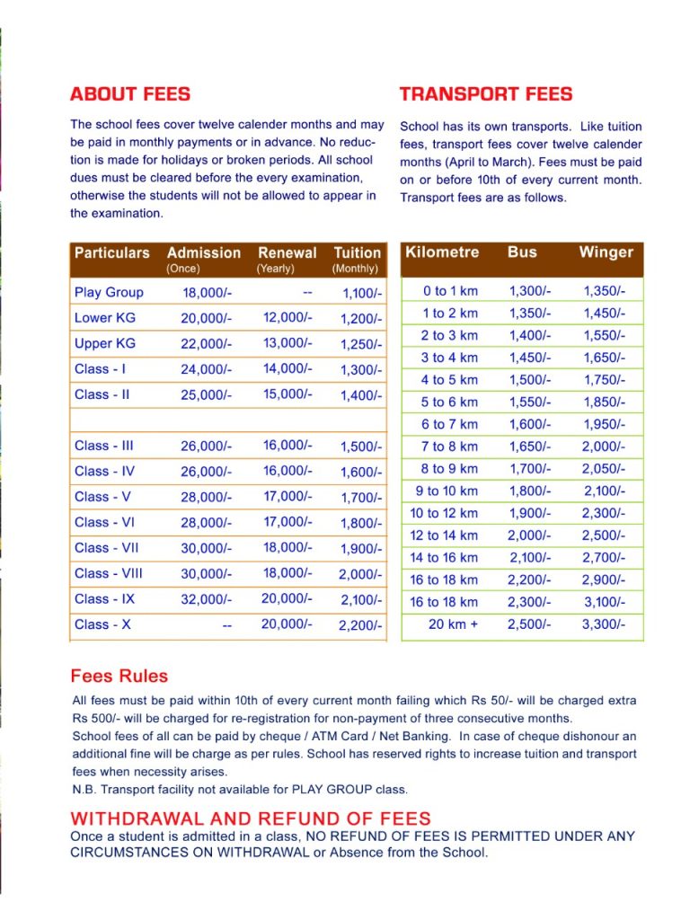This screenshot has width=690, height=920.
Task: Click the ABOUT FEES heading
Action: pyautogui.click(x=129, y=94)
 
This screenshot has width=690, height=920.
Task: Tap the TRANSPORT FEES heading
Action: pyautogui.click(x=485, y=94)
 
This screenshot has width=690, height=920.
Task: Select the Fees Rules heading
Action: pyautogui.click(x=119, y=676)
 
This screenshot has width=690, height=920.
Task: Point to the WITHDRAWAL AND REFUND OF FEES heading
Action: pyautogui.click(x=251, y=818)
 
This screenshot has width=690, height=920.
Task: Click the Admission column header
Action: pyautogui.click(x=204, y=253)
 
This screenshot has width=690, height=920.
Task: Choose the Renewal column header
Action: pyautogui.click(x=287, y=253)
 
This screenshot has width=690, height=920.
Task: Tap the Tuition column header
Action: pyautogui.click(x=357, y=253)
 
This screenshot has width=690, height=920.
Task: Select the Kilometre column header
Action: pyautogui.click(x=443, y=252)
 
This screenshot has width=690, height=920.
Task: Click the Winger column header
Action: pyautogui.click(x=606, y=252)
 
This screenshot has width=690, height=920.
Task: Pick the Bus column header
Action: pyautogui.click(x=522, y=252)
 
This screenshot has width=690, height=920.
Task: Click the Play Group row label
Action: pyautogui.click(x=109, y=292)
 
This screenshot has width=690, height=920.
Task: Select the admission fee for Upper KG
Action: pyautogui.click(x=206, y=344)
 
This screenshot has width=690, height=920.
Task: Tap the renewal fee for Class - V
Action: pyautogui.click(x=287, y=496)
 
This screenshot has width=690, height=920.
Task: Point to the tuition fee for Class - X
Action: pyautogui.click(x=360, y=625)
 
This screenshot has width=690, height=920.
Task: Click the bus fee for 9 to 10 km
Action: pyautogui.click(x=530, y=491)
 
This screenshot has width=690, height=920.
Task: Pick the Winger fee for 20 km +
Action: pyautogui.click(x=604, y=624)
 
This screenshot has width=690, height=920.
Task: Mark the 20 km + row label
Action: pyautogui.click(x=453, y=624)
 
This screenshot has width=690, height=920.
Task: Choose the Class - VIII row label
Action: pyautogui.click(x=109, y=573)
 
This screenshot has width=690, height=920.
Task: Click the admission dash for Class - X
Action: pyautogui.click(x=226, y=625)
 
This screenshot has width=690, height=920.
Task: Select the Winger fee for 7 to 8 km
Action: pyautogui.click(x=604, y=447)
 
